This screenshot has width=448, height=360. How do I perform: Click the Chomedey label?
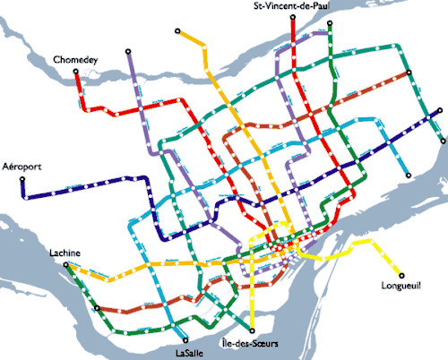coord(74,59)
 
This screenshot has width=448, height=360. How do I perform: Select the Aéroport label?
coord(22,167)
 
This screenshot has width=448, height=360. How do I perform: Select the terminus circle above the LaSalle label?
coord(185,339)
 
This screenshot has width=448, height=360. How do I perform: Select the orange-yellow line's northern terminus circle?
coord(178,31)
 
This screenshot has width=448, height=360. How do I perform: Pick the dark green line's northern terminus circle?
coord(334,24)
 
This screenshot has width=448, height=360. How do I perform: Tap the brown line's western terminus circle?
coord(97,309)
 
